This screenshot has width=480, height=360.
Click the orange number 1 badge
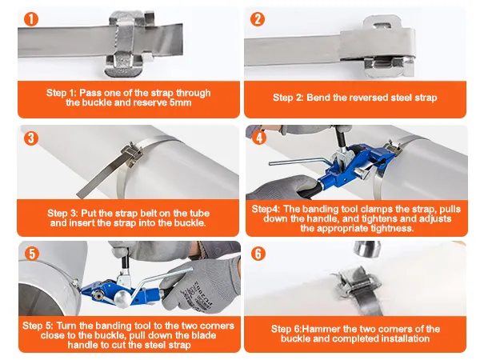point(31,19)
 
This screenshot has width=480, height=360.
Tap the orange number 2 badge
point(258,19)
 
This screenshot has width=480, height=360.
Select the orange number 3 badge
point(31,138)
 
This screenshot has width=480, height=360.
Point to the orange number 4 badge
point(259,138)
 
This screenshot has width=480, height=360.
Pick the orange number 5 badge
point(32,254)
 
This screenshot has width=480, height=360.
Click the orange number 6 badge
point(258,254)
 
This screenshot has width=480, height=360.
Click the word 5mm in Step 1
point(181,102)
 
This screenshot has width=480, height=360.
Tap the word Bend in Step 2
point(318,98)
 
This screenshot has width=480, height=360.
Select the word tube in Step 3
point(199,213)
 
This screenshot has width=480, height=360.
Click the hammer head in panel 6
point(367,249)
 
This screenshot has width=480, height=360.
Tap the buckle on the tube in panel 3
point(132,154)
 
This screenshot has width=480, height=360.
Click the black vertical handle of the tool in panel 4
point(340,137)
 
